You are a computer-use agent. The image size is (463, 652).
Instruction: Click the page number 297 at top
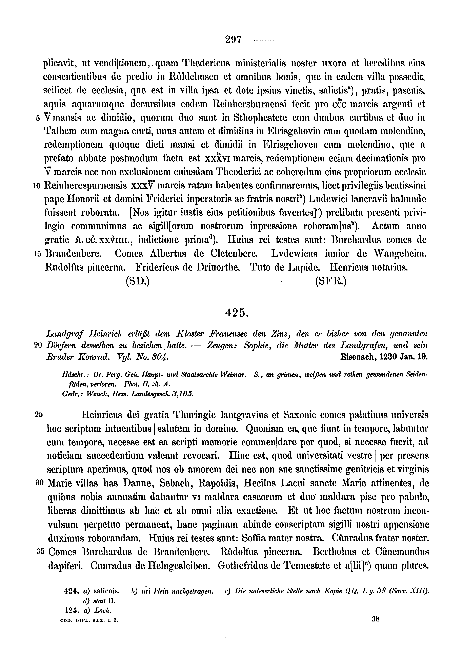[x=233, y=39]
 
